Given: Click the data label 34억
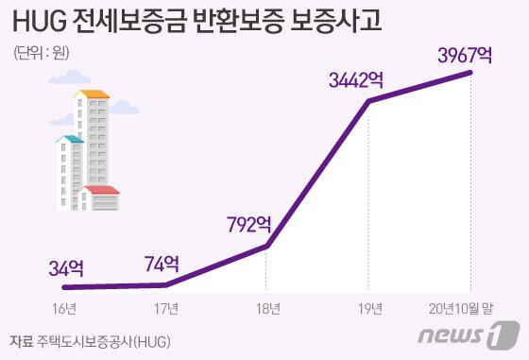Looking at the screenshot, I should click(x=64, y=267).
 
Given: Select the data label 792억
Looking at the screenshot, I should click(x=249, y=225).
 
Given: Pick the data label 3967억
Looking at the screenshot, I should click(x=465, y=54).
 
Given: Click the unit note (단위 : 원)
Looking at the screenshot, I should click(x=42, y=53).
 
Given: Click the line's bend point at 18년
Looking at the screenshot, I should click(x=267, y=246).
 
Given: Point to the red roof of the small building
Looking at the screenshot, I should click(x=101, y=190).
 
